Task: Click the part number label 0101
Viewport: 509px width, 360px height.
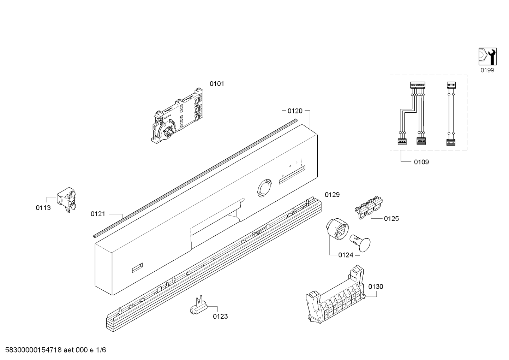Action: (x=217, y=84)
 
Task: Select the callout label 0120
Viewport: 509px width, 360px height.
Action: (x=295, y=111)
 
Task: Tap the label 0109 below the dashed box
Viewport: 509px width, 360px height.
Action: (x=421, y=162)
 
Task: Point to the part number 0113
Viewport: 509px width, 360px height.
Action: (x=43, y=208)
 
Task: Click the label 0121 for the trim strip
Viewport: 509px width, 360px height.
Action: (x=98, y=214)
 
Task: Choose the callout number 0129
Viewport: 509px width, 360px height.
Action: (x=332, y=195)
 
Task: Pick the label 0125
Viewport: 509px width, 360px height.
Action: (x=391, y=219)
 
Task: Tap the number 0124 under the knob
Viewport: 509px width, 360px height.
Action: (x=346, y=255)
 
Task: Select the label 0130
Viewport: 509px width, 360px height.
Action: (x=376, y=287)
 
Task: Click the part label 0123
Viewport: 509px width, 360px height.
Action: (x=220, y=316)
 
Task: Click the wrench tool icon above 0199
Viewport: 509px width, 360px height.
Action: (x=487, y=56)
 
